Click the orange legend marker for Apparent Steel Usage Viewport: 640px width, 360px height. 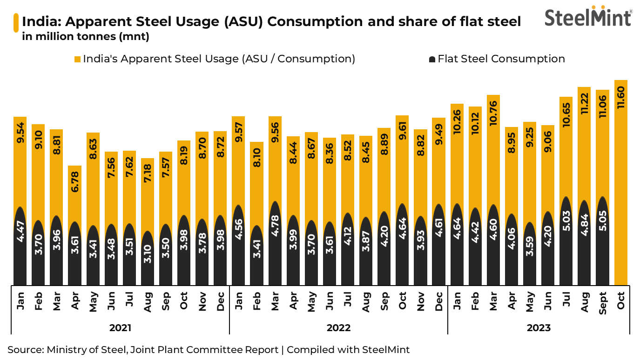pos(78,60)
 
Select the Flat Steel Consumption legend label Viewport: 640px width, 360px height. pos(501,59)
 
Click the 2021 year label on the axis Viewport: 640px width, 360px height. pos(120,328)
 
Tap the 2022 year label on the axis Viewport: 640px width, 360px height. pos(338,328)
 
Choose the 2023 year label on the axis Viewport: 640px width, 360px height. pos(539,328)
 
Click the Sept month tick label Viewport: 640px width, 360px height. pos(602,303)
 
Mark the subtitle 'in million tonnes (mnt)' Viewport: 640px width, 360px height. pos(86,37)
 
